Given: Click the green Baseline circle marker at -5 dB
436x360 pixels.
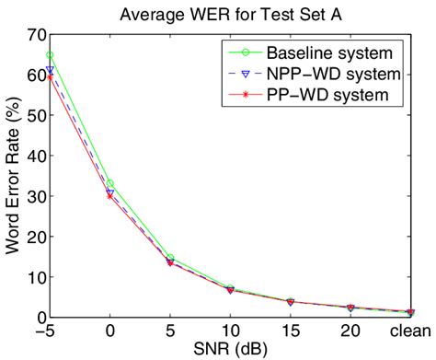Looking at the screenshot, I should (50, 55).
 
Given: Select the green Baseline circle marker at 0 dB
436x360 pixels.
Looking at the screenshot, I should (109, 183).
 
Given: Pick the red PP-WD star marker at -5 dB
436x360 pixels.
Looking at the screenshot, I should (50, 77).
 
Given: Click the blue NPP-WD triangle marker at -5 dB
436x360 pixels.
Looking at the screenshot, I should (50, 70).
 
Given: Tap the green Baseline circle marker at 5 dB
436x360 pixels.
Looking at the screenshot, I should (170, 258).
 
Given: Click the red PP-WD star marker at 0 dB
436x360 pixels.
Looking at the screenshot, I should (109, 196).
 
